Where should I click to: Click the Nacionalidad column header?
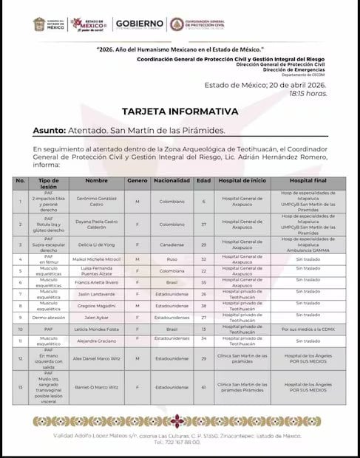173,180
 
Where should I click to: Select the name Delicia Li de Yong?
97,243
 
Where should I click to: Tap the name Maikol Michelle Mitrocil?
97,260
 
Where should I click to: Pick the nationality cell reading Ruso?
173,260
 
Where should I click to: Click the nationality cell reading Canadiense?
173,243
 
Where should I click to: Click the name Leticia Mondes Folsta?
97,328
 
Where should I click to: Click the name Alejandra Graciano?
97,342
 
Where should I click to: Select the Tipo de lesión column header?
47,180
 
